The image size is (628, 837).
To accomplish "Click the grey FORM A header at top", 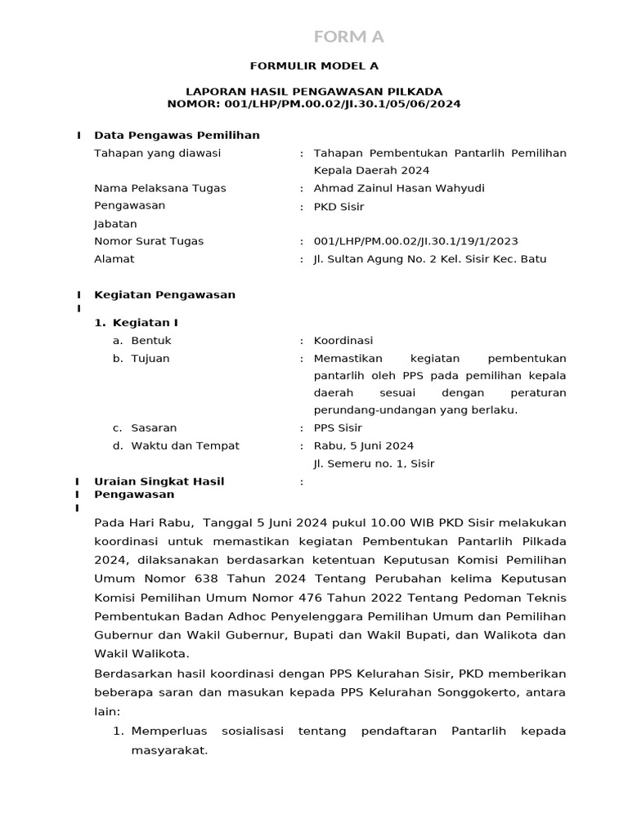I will click(349, 37).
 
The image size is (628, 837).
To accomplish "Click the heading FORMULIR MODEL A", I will click(314, 65).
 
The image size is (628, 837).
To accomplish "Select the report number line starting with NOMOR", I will click(314, 104).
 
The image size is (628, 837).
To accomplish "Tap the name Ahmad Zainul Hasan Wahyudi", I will click(399, 188).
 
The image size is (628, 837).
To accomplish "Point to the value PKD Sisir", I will click(339, 206).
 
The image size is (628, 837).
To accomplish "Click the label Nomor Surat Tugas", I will click(150, 241).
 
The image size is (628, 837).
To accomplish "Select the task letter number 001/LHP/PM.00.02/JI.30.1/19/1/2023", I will click(415, 241).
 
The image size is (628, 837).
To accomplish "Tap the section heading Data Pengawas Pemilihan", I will click(177, 135).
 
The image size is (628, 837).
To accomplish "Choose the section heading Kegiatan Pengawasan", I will click(164, 294).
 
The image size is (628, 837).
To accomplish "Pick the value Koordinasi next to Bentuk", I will click(343, 341).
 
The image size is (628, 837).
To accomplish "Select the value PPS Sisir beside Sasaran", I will click(338, 427).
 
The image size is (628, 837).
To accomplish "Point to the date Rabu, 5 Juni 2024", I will click(363, 445).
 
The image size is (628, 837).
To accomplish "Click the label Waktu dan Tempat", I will click(185, 445).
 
